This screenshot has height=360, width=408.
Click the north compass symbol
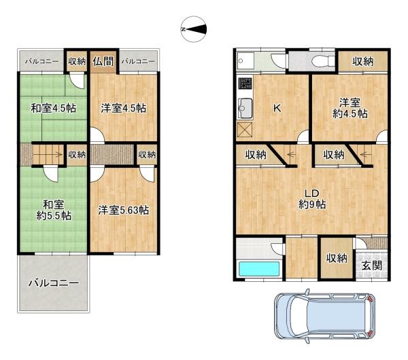coord(194,29)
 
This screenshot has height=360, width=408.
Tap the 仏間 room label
coord(103,62)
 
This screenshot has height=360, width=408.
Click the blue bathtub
coord(259,269)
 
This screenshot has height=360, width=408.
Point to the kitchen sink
coord(245,109)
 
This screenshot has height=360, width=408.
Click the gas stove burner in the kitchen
coord(245,84)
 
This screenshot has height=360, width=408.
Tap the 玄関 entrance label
coord(372,266)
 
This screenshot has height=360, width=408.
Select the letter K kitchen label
coord(277,108)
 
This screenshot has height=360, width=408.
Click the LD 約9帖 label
coord(312,199)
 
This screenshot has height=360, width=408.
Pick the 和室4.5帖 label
coord(54,108)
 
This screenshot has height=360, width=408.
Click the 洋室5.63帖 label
coord(124,210)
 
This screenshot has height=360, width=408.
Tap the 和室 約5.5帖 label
coord(54,210)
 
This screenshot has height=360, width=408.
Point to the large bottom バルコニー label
coord(54,283)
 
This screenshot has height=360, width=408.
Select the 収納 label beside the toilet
coord(363,62)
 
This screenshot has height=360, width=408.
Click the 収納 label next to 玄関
coord(337,258)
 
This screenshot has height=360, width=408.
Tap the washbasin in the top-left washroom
coord(245,61)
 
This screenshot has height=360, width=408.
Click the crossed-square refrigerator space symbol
coord(245,130)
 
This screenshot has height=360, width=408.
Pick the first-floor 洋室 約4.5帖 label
coord(350,109)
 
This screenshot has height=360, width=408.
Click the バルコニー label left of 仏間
coord(42,62)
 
